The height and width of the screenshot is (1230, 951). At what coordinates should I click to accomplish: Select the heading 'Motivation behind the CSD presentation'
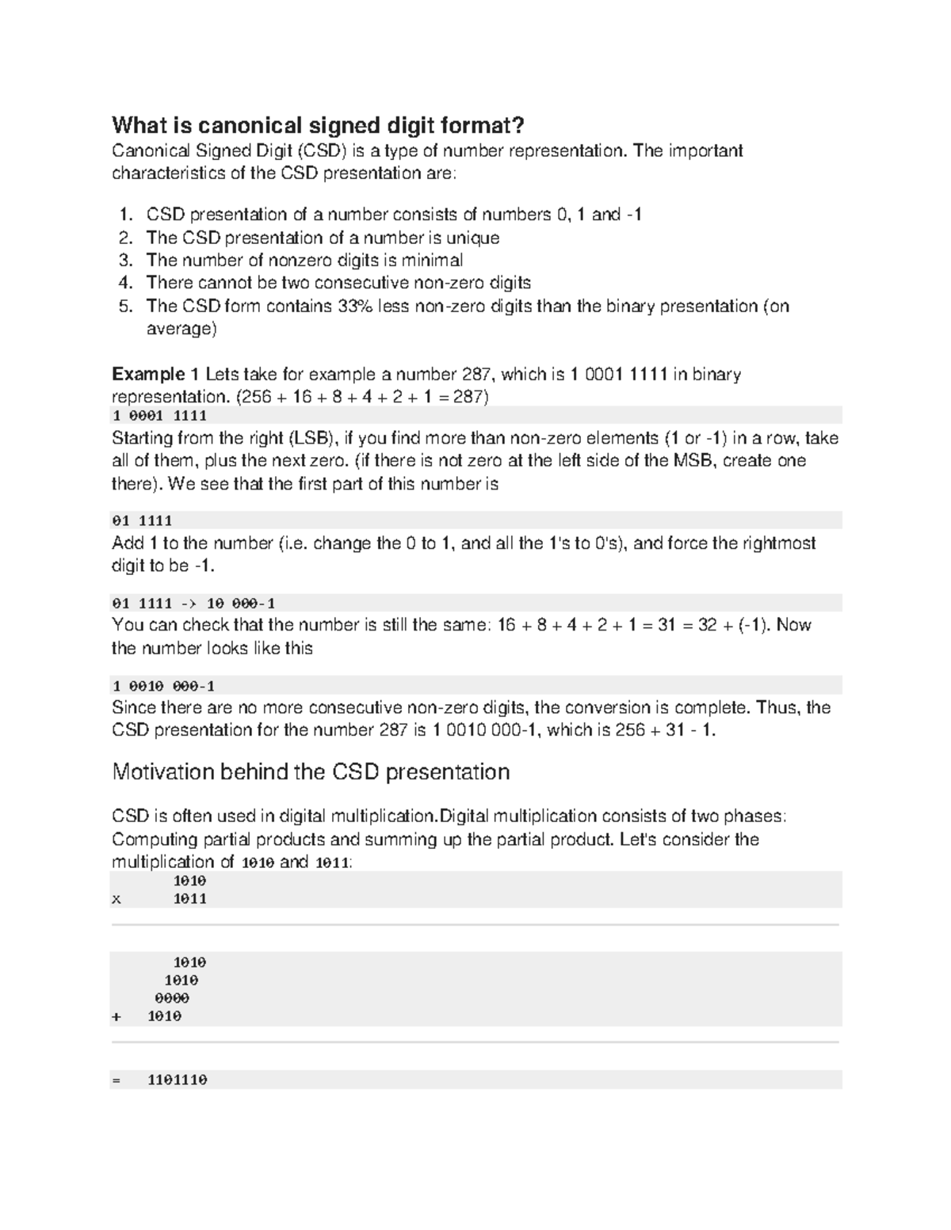311,772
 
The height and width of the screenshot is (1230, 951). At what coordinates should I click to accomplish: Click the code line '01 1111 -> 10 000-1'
193,604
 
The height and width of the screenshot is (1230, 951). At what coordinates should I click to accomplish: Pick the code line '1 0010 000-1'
163,686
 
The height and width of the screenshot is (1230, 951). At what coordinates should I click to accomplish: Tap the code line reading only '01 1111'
143,521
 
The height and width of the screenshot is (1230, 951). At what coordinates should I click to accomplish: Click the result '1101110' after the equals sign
177,1080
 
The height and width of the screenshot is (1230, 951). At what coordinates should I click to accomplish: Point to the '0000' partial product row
172,999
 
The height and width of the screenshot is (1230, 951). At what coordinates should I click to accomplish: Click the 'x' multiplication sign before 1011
116,900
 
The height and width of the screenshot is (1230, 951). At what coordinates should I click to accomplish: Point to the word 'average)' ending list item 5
181,329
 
